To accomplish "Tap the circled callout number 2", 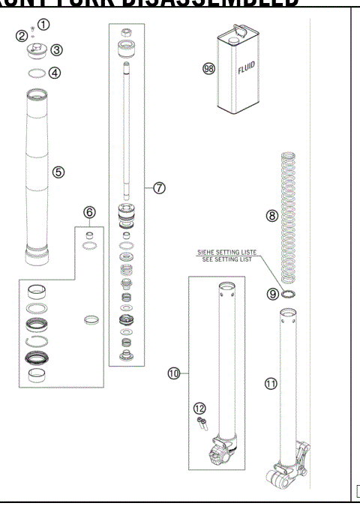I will (x=22, y=35).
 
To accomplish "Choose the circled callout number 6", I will (x=89, y=213).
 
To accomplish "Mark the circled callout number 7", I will (x=159, y=188).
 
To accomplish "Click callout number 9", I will (x=273, y=295).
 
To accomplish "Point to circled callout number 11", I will (x=271, y=383).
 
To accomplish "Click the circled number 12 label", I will (x=198, y=409).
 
